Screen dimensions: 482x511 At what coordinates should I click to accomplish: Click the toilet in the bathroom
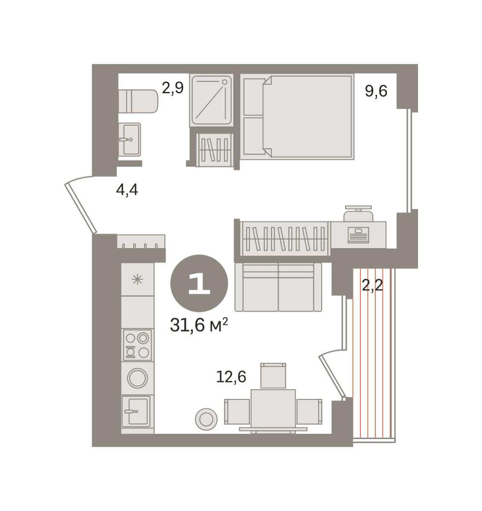pos(138,101)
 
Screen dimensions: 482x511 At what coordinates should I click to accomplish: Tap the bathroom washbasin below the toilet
pos(130,139)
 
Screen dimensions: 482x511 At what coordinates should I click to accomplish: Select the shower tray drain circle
pos(225,82)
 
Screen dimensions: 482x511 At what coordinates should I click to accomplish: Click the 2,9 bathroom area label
pos(173,88)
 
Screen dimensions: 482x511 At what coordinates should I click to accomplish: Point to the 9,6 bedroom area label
pos(376,91)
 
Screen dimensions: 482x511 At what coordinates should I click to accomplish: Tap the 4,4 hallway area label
pos(127,190)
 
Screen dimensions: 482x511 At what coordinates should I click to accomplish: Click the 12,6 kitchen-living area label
pos(231,377)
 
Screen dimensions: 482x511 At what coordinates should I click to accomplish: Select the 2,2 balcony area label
pos(372,285)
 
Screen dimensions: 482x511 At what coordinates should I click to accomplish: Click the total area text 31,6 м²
pos(199,325)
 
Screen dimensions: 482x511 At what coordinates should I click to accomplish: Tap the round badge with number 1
pos(199,283)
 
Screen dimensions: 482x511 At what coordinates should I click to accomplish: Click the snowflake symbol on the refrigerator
pos(137,279)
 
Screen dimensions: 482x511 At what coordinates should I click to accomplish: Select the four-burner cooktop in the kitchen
pos(137,345)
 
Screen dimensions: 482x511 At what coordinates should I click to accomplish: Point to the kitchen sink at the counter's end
pos(136,411)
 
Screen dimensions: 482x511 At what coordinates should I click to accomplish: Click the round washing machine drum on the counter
pos(137,378)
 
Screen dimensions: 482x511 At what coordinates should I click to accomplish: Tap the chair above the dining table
pos(273,376)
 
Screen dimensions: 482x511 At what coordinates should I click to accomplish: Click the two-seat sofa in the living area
pos(279,287)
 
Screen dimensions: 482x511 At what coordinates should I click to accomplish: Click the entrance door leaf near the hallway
pos(81,208)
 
